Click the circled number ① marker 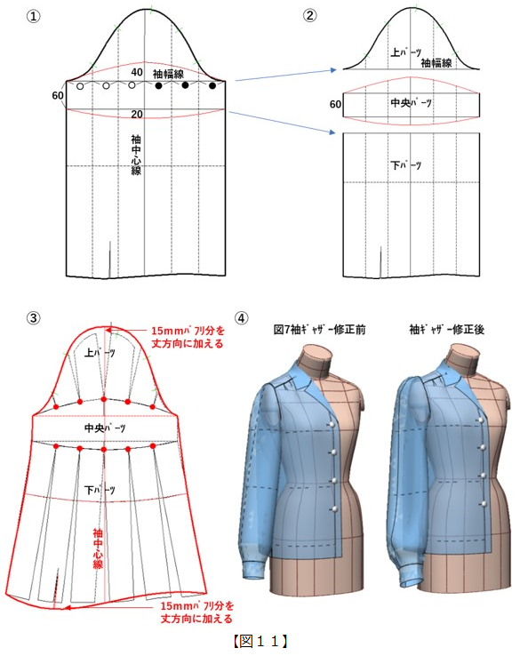coord(34,16)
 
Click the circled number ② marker coord(310,15)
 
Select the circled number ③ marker coord(34,318)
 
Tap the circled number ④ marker coord(241,318)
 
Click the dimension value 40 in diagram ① coord(137,72)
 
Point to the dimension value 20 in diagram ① coord(137,114)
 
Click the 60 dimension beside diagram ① coord(58,95)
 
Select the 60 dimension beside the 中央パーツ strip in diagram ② coord(335,104)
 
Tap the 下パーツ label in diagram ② coord(406,165)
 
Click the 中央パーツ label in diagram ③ coord(105,428)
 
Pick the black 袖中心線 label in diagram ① coord(136,155)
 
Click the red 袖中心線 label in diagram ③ coord(98,548)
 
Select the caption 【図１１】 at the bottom coord(260,641)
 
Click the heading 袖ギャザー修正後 coord(447,329)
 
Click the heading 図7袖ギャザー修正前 coord(320,329)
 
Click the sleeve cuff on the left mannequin coord(254,570)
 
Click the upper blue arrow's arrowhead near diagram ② coord(333,70)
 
